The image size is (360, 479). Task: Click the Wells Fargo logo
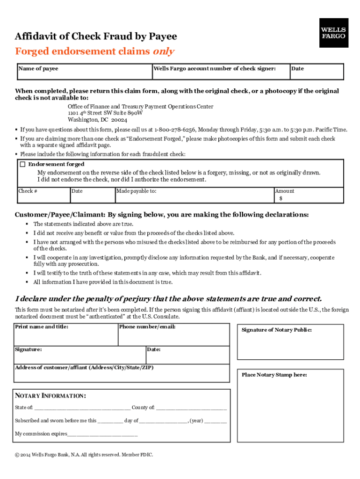coord(334,33)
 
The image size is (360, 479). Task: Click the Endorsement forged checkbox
coord(22,164)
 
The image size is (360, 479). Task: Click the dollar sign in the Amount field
coord(281,198)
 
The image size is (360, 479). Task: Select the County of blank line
coord(191,408)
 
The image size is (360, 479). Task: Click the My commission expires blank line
coord(102,434)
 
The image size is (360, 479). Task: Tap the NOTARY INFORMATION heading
coord(50,396)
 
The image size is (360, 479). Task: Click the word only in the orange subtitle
coord(163,51)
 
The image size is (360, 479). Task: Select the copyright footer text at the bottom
coord(84,455)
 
